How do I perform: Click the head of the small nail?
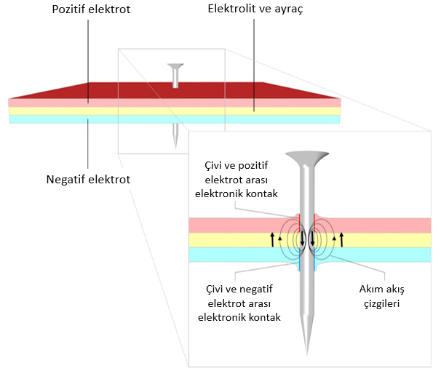[175, 67]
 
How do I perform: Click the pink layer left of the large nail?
[233, 225]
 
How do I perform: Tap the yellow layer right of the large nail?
[386, 240]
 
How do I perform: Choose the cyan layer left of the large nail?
[233, 255]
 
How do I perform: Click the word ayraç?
[285, 11]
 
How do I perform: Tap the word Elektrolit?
[231, 10]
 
